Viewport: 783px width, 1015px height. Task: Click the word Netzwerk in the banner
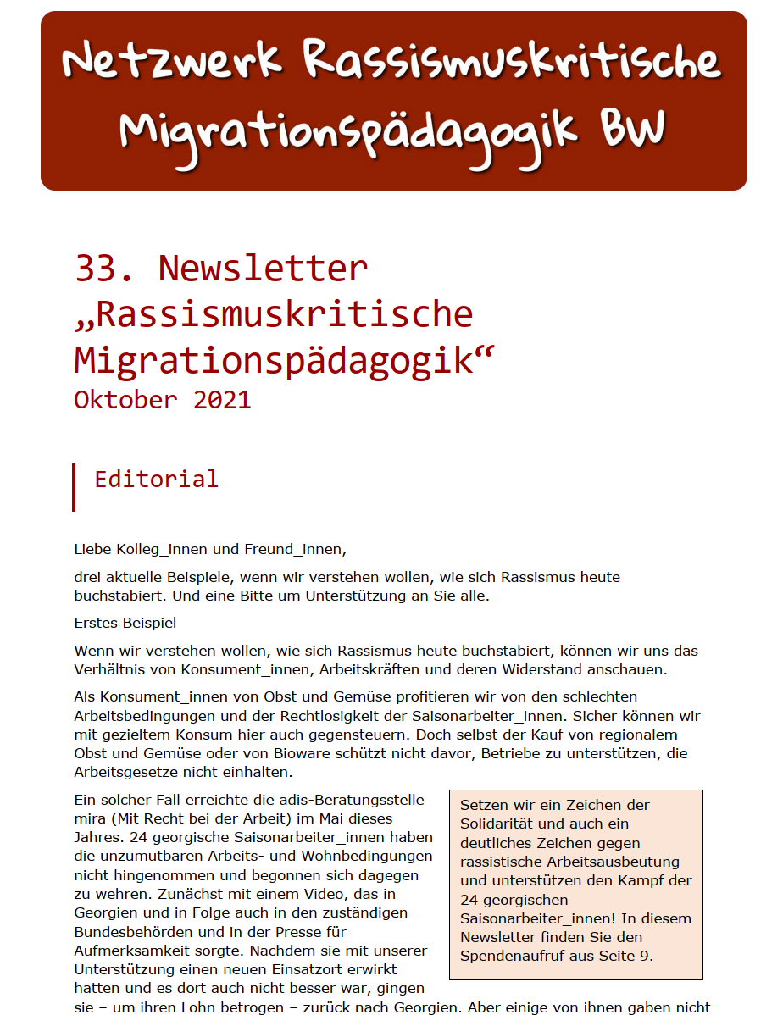point(172,61)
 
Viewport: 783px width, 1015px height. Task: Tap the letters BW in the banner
point(634,130)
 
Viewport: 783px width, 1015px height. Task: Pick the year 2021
point(222,399)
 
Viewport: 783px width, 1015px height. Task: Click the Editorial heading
point(156,479)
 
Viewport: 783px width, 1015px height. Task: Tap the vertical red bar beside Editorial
point(74,487)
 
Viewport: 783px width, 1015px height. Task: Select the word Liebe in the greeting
point(93,549)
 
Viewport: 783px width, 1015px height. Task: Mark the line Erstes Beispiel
point(125,624)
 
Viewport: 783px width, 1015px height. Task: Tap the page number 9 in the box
point(648,956)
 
